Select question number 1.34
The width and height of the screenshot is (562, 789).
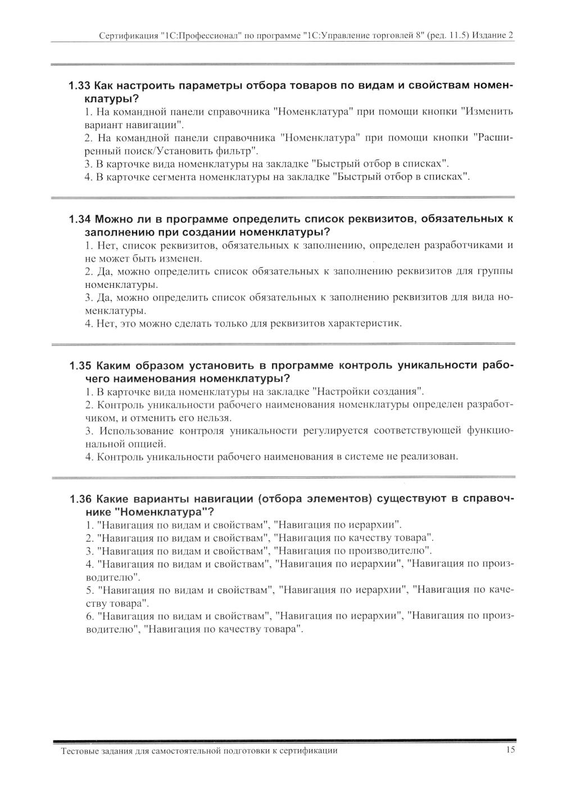click(x=80, y=219)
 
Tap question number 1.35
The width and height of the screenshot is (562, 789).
click(x=80, y=366)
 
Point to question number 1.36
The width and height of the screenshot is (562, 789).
click(x=80, y=499)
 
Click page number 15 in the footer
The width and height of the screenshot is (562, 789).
click(x=510, y=750)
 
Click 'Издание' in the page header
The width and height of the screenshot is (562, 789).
click(x=488, y=35)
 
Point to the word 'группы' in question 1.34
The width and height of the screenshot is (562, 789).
click(x=497, y=272)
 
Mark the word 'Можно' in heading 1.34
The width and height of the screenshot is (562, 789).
click(x=113, y=219)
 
